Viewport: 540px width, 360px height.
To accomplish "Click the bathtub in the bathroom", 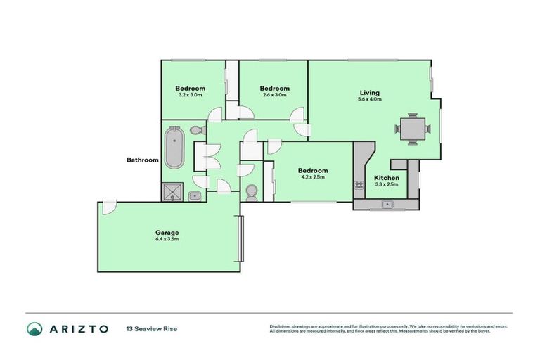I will coord(174,147).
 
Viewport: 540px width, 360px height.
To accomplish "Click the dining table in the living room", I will coord(411,129).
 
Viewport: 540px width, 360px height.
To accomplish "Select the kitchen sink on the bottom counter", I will coord(386,205).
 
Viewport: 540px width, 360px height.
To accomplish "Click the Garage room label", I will coord(167,233).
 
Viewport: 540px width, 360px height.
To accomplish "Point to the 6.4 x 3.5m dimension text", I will coord(167,240).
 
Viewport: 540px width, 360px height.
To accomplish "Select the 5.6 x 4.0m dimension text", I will coord(369,100).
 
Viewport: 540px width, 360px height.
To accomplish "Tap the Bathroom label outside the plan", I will coord(143,160).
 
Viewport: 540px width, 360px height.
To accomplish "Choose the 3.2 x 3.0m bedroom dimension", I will coord(190,95).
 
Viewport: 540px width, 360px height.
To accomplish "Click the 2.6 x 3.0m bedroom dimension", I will coord(274,95).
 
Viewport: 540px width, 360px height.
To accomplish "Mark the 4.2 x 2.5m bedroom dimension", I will coord(312,177).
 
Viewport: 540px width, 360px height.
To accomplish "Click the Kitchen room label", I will coord(386,178).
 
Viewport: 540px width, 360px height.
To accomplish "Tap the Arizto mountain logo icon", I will coord(34,329).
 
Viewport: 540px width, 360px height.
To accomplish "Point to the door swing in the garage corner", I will coord(108,207).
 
